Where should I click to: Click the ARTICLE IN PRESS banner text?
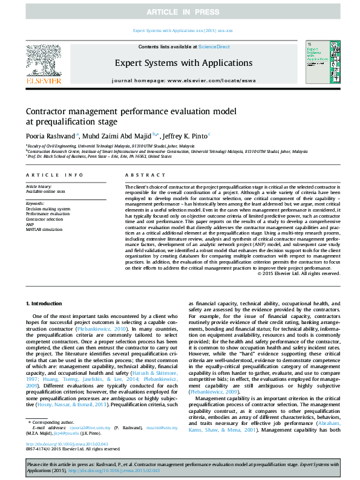coord(180,11)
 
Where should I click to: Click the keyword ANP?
coord(30,223)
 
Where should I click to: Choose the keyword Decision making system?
coord(48,209)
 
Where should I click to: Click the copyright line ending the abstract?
coord(299,274)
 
